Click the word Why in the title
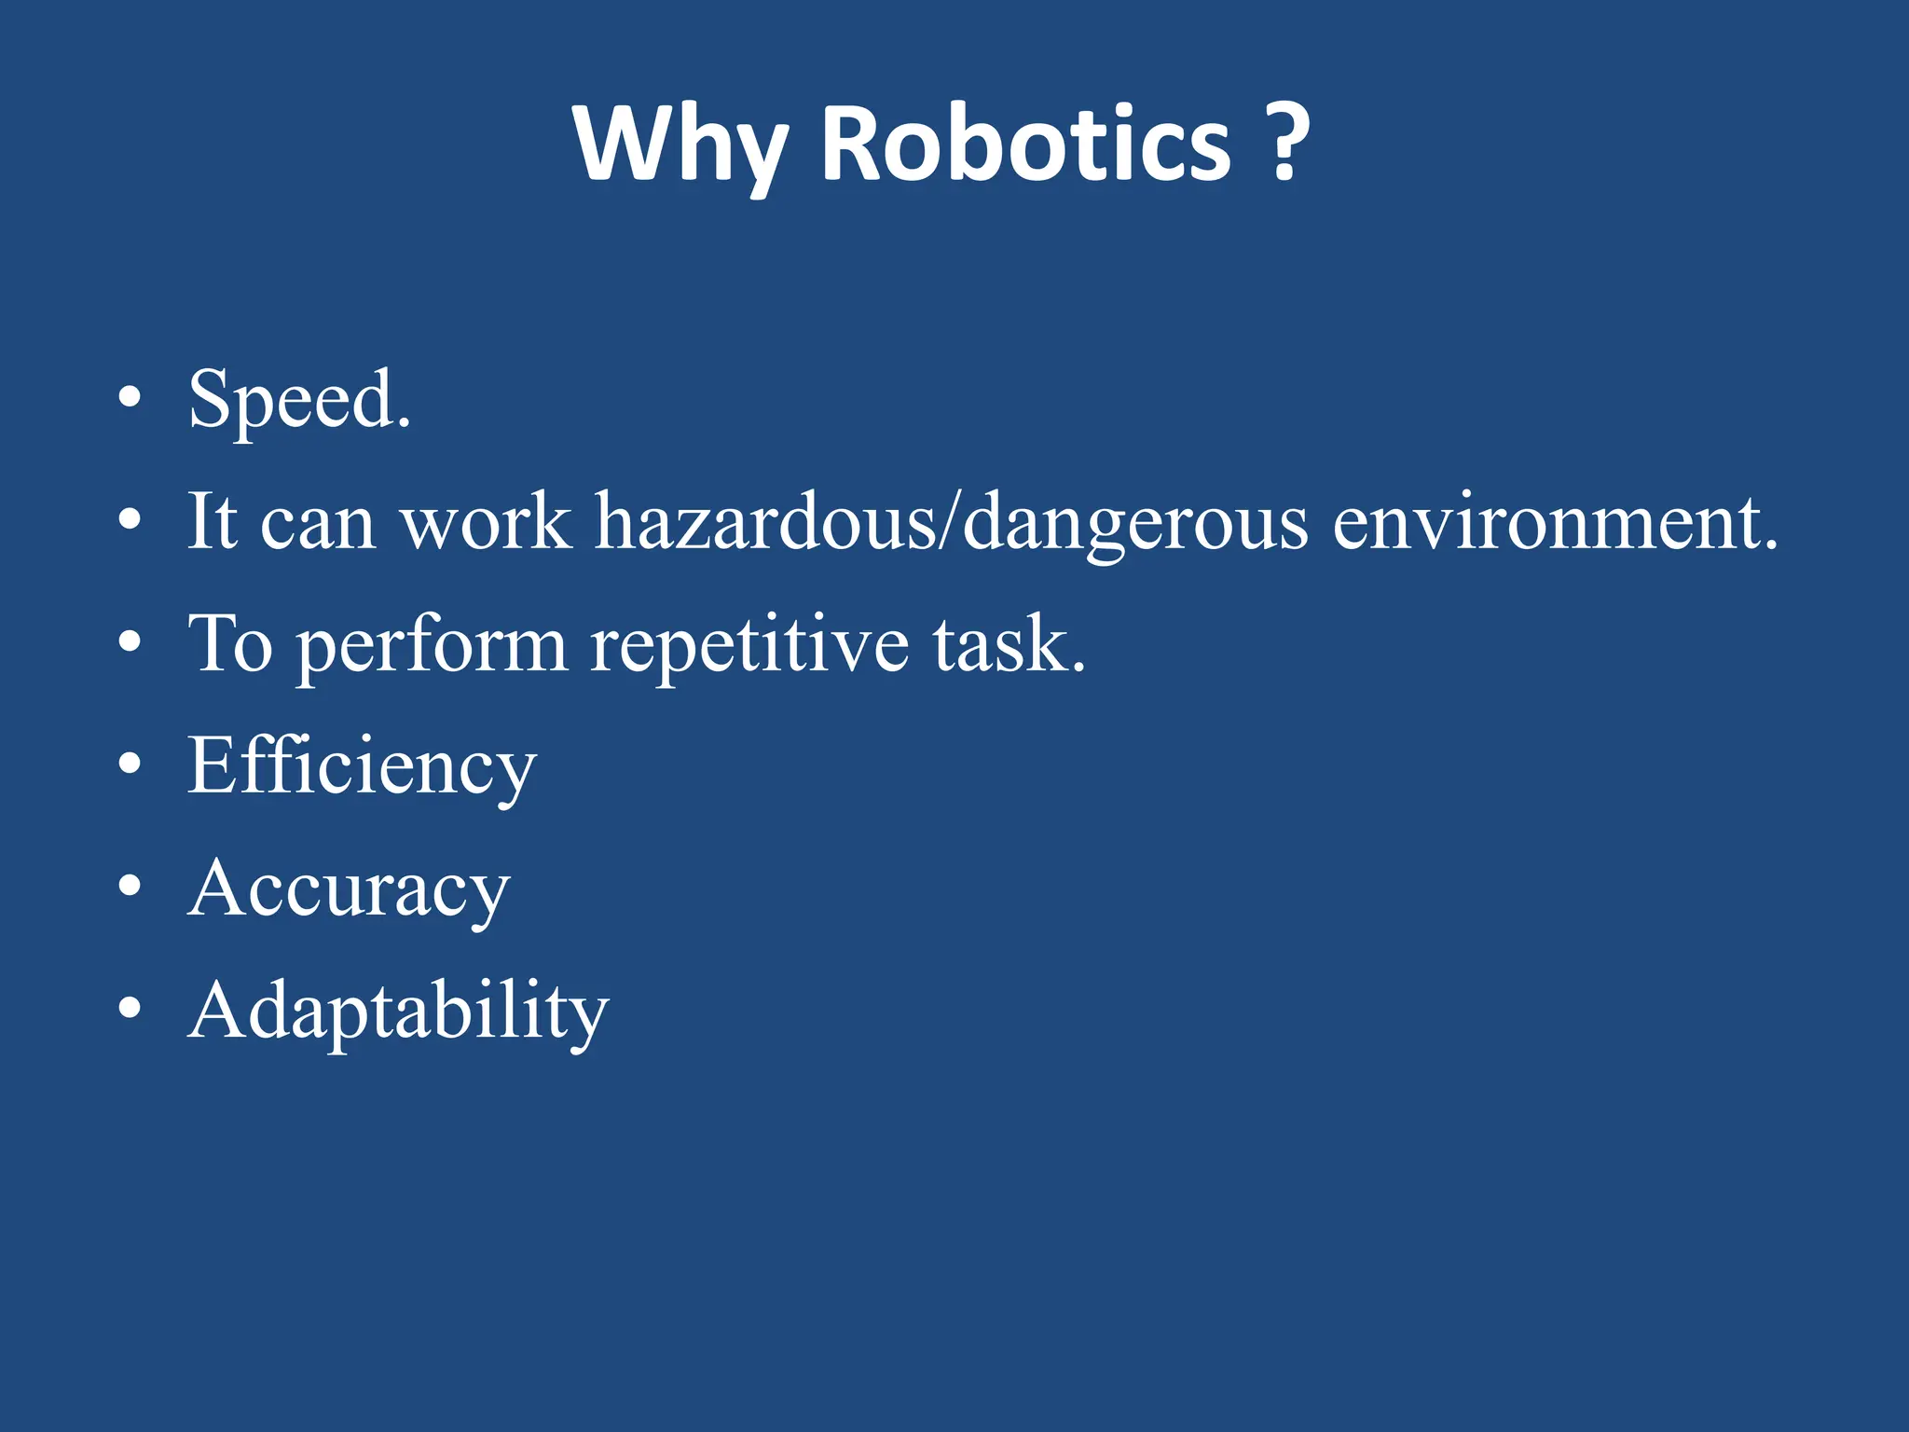(x=680, y=145)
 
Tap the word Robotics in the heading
(x=1026, y=145)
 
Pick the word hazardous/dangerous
(x=952, y=522)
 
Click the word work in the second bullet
(x=485, y=522)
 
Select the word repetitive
(x=749, y=645)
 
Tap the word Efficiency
(x=362, y=766)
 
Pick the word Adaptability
(x=398, y=1012)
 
